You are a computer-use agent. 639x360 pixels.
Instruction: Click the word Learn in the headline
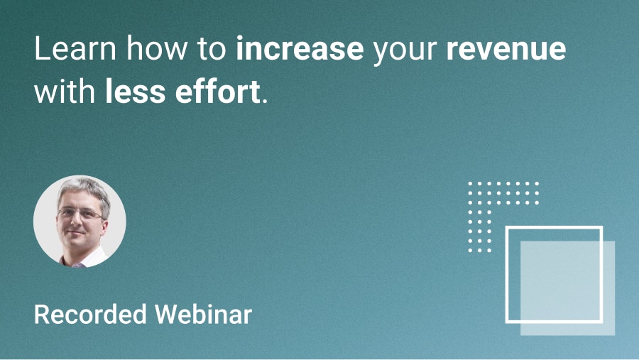[75, 48]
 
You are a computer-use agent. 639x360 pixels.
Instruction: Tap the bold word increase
[300, 48]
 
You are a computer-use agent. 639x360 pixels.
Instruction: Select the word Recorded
[90, 315]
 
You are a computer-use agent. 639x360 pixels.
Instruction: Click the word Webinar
[203, 315]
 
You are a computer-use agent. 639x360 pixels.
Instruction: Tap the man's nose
[76, 222]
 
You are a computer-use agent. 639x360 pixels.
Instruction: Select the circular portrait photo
[80, 222]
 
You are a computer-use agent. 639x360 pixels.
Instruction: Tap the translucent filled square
[568, 288]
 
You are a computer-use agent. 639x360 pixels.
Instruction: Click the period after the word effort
[266, 101]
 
